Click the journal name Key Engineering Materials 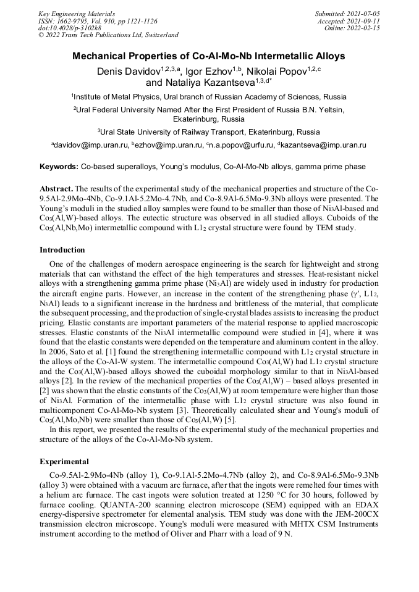76,13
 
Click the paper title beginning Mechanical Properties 209,56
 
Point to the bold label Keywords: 59,167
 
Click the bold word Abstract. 56,188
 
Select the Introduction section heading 62,250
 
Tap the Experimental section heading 64,461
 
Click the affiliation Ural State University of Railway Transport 209,131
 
